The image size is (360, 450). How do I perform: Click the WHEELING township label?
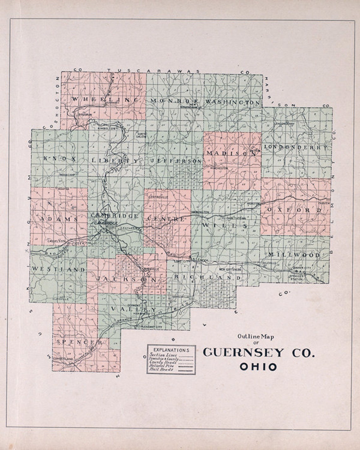click(105, 99)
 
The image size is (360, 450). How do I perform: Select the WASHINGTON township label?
click(233, 102)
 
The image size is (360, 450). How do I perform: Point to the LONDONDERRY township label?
click(296, 147)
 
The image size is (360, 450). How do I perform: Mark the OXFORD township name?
click(294, 210)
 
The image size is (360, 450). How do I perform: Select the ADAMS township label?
click(59, 219)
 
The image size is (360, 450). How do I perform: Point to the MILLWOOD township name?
click(294, 255)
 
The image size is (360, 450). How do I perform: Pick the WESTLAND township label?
click(58, 269)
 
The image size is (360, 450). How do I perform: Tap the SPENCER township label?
click(79, 342)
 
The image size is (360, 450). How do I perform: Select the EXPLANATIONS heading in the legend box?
click(171, 350)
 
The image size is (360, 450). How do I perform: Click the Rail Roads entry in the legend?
click(162, 369)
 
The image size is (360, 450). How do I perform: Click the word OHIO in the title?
click(258, 367)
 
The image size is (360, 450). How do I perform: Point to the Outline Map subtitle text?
click(256, 337)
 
